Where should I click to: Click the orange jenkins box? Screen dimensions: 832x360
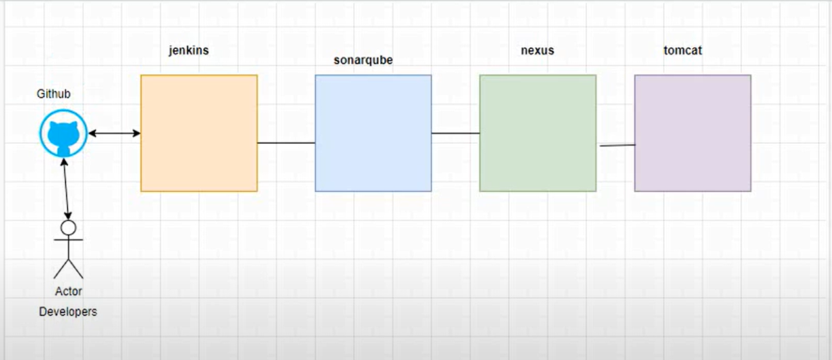(x=199, y=133)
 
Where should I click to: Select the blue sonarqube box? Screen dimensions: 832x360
(x=373, y=133)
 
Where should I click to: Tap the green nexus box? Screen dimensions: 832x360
(x=538, y=133)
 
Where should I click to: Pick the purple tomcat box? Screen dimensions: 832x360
(x=692, y=133)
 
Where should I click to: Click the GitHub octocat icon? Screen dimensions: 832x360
(x=63, y=134)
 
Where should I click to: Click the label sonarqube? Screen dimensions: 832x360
(x=363, y=60)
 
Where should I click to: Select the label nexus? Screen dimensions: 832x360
(x=537, y=50)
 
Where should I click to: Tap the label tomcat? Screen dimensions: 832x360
(x=683, y=50)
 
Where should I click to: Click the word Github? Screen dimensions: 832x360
(x=54, y=94)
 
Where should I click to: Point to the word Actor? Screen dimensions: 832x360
(x=69, y=291)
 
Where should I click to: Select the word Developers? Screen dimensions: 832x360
(x=68, y=312)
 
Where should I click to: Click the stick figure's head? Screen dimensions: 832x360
(x=67, y=227)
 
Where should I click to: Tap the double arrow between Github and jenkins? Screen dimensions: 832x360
(x=114, y=134)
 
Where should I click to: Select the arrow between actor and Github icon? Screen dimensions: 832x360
(x=65, y=189)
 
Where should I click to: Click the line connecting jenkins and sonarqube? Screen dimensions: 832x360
(x=286, y=143)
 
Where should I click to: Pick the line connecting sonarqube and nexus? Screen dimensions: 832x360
(x=455, y=134)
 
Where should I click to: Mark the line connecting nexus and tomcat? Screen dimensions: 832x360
(x=616, y=145)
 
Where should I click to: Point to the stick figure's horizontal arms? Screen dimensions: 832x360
(x=68, y=240)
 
